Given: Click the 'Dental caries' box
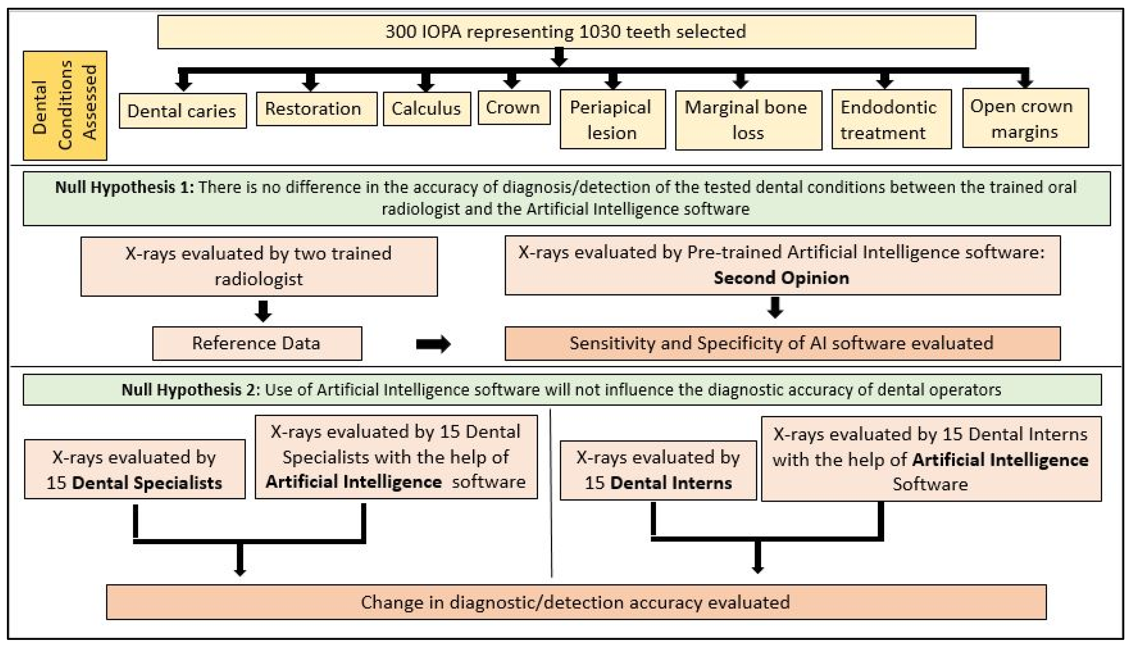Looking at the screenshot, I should [x=182, y=111].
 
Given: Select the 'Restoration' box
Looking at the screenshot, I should [x=317, y=109].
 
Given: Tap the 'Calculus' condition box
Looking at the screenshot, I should [x=426, y=109].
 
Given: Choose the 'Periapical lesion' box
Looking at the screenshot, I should [x=613, y=119].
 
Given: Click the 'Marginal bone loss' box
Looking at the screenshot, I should [x=748, y=120].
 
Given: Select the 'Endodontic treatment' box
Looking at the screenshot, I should [x=891, y=119].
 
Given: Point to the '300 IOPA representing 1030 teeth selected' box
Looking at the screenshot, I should [x=566, y=32].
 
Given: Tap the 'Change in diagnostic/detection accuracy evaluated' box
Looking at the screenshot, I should [x=576, y=602].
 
